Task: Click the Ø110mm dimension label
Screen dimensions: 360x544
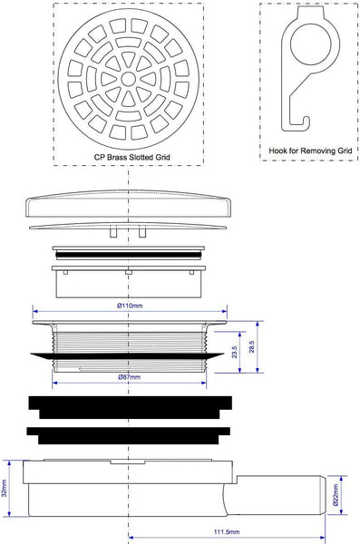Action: point(130,306)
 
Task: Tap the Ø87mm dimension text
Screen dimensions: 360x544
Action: point(129,377)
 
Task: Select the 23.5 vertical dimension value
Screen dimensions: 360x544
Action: point(235,352)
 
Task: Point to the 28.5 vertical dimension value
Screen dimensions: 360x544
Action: point(252,346)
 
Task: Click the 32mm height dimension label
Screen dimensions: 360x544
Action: point(5,489)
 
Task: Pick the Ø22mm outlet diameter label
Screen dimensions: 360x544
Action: point(336,495)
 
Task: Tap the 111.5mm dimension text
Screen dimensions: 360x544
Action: point(227,532)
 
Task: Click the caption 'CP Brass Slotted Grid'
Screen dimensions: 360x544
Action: point(131,157)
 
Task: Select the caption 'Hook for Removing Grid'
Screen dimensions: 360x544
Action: point(310,151)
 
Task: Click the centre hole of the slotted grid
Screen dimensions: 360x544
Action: point(129,79)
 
